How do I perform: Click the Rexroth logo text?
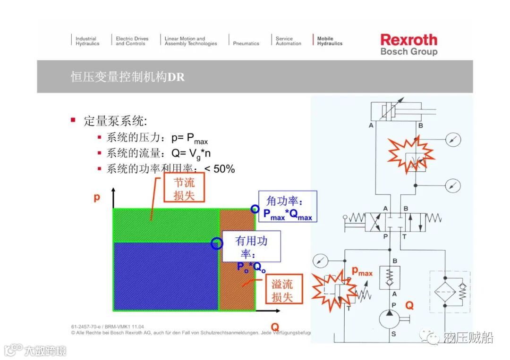(409, 40)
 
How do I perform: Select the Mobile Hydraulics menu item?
(330, 41)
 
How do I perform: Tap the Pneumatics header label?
(246, 43)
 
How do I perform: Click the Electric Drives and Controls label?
(132, 41)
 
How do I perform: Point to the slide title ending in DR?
(127, 76)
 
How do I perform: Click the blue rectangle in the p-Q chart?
(165, 276)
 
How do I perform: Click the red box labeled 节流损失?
(184, 188)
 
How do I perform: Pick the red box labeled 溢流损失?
(282, 290)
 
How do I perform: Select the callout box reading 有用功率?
(251, 247)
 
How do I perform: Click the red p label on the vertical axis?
(97, 197)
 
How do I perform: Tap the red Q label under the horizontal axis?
(275, 327)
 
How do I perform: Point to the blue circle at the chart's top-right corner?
(255, 209)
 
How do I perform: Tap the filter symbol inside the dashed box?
(444, 290)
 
